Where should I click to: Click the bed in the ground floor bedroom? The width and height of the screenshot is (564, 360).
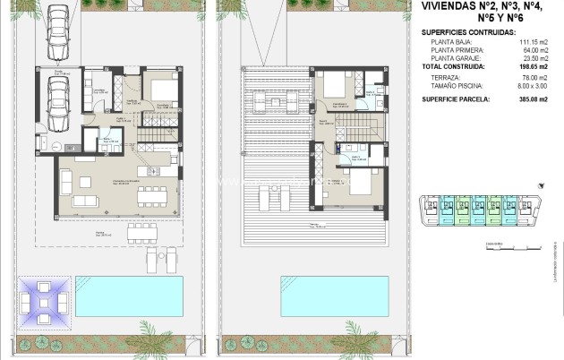(163, 90)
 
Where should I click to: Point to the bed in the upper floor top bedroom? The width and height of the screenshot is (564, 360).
(335, 87)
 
